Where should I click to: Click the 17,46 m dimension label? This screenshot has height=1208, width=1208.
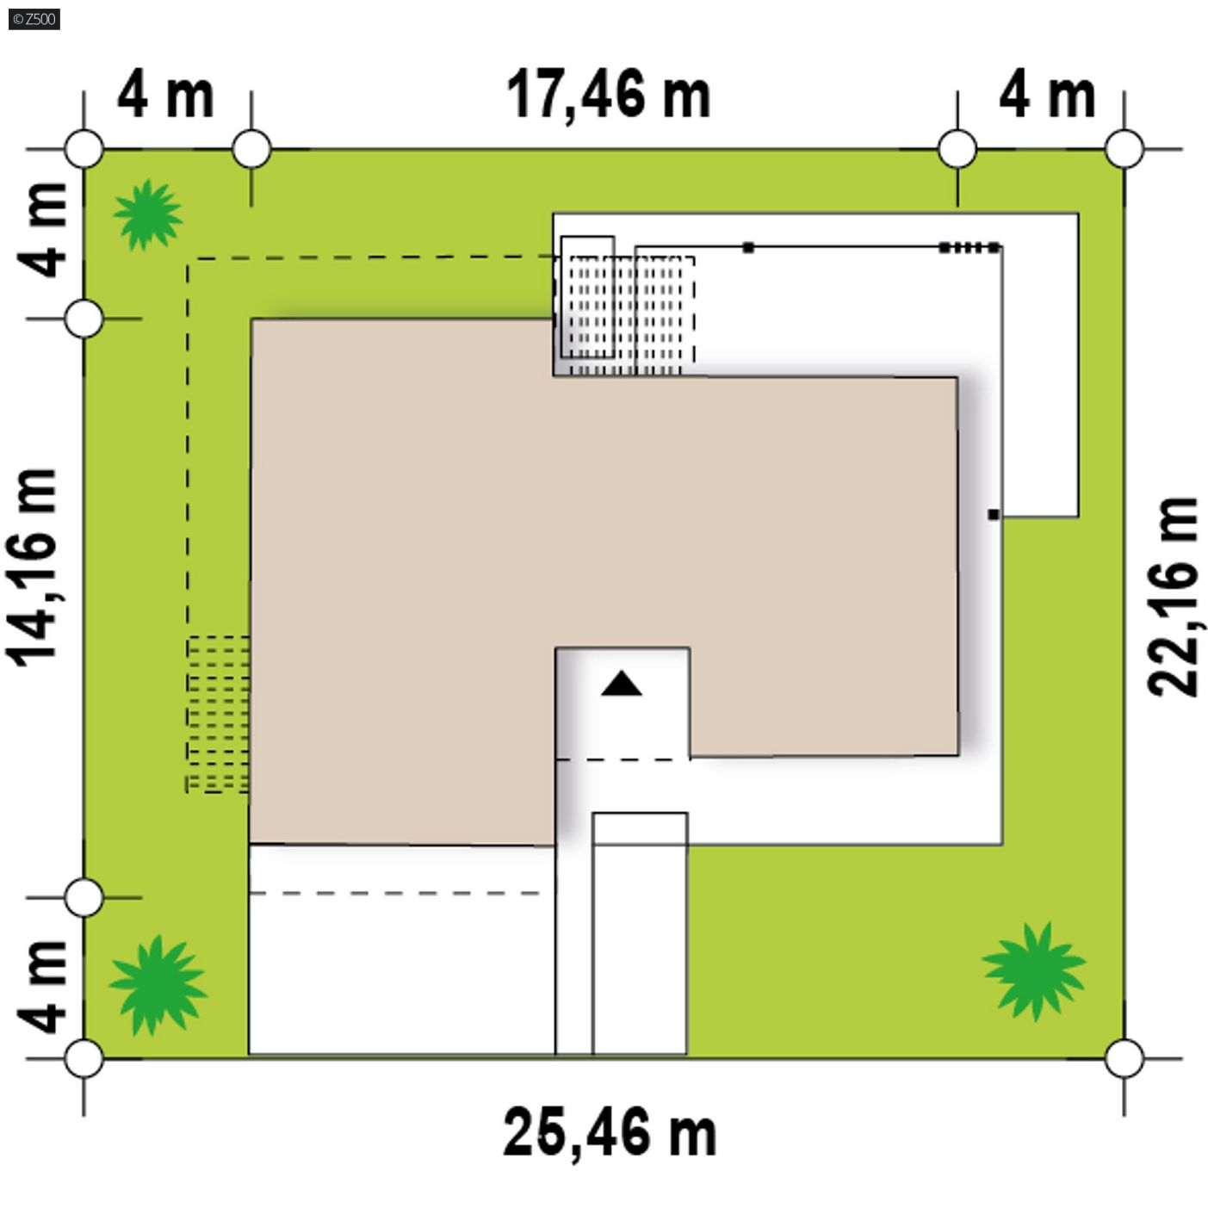click(608, 95)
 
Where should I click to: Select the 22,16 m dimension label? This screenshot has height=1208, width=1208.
click(1174, 597)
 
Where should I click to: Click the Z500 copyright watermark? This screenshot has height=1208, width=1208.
click(34, 20)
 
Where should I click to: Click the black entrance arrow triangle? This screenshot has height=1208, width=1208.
click(621, 684)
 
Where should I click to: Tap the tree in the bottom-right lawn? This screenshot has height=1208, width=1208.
click(1034, 971)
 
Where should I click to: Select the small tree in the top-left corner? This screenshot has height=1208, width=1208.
click(148, 214)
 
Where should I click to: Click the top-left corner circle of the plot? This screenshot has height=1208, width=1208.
click(84, 149)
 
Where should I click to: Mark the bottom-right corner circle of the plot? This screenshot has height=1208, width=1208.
click(1124, 1059)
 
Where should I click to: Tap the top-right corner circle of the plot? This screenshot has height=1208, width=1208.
click(1124, 149)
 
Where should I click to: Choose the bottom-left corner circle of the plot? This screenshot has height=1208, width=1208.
click(84, 1059)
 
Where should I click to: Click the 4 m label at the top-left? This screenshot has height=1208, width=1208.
click(165, 96)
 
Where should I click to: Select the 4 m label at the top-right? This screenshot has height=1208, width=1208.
click(1047, 96)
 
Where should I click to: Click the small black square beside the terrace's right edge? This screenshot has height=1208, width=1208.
click(993, 515)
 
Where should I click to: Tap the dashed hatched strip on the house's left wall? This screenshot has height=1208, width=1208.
click(218, 715)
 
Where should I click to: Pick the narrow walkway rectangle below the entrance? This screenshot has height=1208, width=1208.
click(640, 934)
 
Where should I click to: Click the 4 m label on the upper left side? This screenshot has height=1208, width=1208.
click(41, 230)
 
